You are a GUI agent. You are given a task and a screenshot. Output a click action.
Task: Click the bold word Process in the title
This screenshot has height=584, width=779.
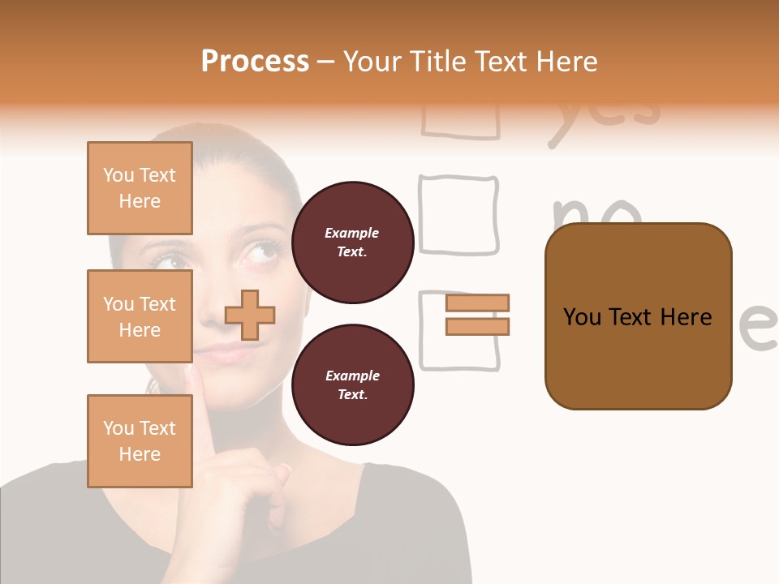click(x=255, y=61)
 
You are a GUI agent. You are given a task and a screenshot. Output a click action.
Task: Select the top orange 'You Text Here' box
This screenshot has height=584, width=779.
click(x=140, y=188)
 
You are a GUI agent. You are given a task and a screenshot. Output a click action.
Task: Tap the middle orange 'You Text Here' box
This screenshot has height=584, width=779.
click(x=140, y=316)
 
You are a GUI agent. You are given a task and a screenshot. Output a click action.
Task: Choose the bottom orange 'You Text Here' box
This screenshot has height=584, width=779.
click(x=140, y=441)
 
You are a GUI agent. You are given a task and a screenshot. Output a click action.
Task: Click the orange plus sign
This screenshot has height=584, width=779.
click(x=250, y=315)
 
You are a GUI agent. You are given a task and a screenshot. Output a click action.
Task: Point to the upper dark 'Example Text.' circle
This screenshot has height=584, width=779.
click(x=352, y=242)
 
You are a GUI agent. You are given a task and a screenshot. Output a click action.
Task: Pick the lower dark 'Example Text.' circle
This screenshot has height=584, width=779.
click(x=352, y=384)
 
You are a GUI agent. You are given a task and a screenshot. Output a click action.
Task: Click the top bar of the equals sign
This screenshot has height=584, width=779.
click(x=477, y=303)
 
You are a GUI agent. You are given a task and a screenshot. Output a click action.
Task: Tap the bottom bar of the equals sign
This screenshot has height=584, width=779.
click(x=477, y=326)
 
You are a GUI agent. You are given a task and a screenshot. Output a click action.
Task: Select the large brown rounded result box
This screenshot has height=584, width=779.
click(x=638, y=316)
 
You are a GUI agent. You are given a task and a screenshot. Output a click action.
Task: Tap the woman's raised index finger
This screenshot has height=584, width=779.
click(x=203, y=406)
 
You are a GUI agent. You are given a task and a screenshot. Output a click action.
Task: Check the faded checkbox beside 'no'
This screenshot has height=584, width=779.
click(x=458, y=215)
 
